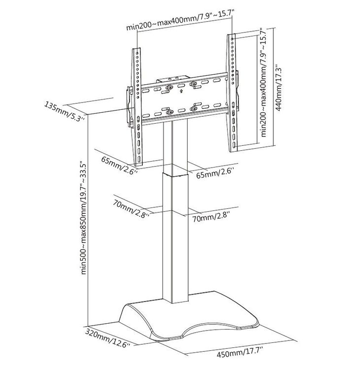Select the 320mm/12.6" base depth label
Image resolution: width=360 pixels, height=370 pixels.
[108, 337]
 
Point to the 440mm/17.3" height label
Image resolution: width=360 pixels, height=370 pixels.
[279, 89]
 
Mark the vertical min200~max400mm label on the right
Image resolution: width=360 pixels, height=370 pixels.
[263, 83]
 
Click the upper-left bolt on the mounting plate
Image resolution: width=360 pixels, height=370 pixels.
[169, 88]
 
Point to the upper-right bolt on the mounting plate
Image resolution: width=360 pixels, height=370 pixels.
[193, 84]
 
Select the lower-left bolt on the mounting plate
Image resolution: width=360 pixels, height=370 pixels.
[169, 112]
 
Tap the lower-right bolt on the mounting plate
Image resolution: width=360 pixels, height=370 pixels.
[194, 108]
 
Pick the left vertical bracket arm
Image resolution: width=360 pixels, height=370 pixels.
[137, 107]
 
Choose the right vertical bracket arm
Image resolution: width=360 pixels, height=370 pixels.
[232, 93]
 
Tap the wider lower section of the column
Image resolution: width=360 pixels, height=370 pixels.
[175, 238]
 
